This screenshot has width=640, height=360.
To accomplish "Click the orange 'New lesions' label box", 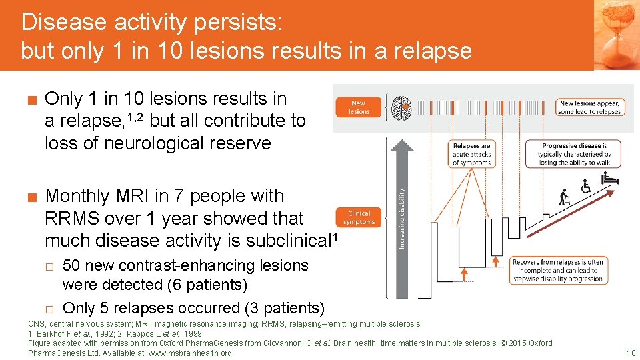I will [359, 107].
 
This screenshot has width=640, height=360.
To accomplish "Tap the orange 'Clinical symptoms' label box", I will [359, 218].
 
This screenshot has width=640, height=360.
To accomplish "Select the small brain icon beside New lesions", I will [401, 107].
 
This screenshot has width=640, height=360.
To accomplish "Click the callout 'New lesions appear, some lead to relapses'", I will [589, 107].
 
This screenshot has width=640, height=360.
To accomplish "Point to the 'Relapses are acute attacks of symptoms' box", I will [471, 154].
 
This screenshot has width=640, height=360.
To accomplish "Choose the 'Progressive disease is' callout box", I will [574, 154].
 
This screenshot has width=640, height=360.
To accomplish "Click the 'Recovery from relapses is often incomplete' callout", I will [557, 271].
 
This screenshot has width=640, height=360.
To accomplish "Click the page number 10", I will [631, 353].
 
